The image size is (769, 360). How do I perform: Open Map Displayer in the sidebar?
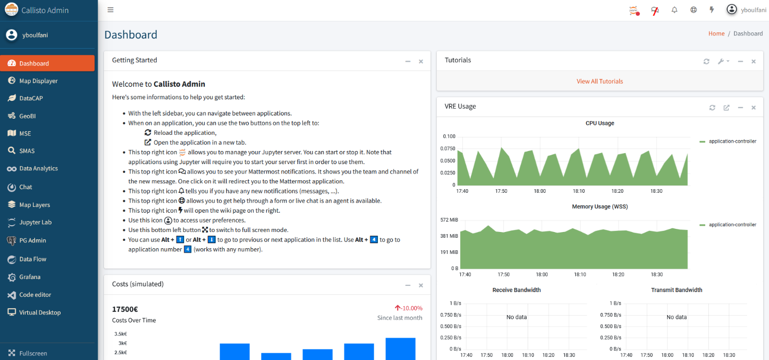click(38, 80)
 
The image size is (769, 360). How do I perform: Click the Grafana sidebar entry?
click(30, 277)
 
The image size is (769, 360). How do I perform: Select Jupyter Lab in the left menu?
click(35, 222)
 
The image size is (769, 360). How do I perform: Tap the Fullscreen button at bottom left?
click(33, 353)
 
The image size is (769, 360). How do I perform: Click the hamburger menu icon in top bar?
click(110, 10)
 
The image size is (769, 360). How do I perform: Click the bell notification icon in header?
click(674, 10)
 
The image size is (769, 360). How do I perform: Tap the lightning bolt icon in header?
click(712, 9)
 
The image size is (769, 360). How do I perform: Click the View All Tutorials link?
click(599, 82)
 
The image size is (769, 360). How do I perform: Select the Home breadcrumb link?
click(716, 33)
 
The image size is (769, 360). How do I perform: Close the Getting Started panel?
click(421, 62)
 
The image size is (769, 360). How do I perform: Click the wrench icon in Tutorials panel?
click(720, 62)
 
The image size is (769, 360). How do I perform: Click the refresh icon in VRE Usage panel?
click(712, 108)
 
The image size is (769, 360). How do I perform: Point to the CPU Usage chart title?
click(599, 123)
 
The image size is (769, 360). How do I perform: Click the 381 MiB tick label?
click(449, 236)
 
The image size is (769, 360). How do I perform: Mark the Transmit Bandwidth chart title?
click(677, 290)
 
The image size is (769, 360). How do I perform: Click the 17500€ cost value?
click(125, 309)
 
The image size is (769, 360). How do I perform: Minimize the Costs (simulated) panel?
click(407, 285)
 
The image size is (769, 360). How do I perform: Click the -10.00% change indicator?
click(409, 308)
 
